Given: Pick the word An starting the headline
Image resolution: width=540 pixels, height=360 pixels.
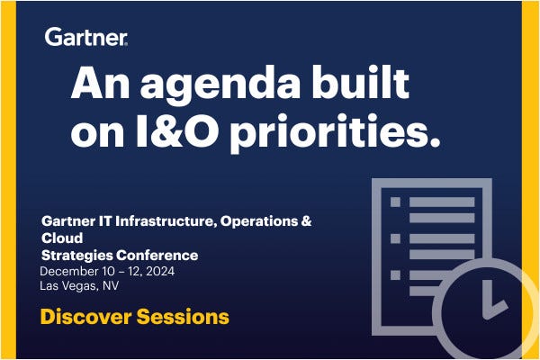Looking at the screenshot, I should point(94,84).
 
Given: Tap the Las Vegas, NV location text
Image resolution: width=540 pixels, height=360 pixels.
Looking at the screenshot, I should point(80,287).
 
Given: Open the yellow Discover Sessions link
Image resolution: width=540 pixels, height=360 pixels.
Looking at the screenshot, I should point(134,317).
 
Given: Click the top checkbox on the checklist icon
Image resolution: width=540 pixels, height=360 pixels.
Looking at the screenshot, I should point(394,203).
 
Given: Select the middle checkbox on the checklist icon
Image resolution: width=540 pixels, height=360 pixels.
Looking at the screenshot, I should point(394,238).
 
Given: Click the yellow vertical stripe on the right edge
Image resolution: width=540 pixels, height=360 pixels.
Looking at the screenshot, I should point(531,135).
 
